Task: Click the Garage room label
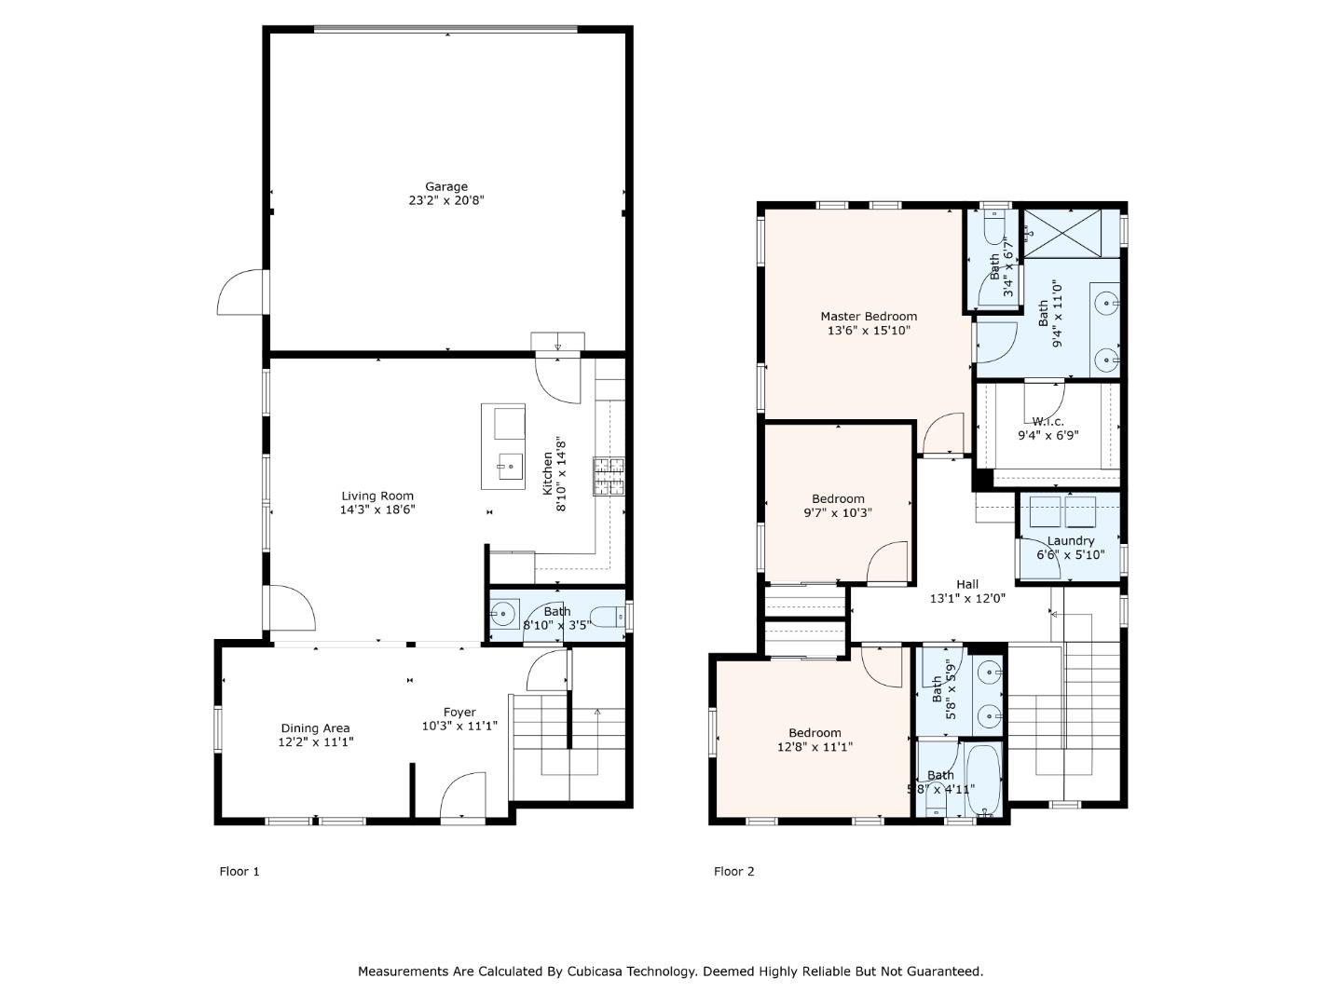446,186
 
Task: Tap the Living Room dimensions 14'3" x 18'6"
377,510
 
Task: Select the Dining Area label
316,728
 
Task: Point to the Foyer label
459,713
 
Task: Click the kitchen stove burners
609,476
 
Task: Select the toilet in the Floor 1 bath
609,617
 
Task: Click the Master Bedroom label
869,317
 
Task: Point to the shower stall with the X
1062,233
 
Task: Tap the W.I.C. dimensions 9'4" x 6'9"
1048,436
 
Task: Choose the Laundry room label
1071,540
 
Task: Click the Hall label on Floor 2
967,585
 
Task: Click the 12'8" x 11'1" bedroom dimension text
815,746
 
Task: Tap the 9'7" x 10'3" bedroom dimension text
838,512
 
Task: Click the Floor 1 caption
240,872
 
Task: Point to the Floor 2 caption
733,872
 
